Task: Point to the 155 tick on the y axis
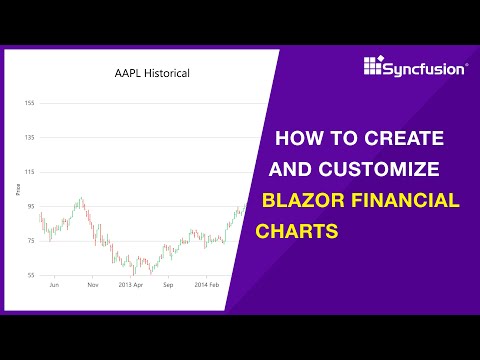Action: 30,104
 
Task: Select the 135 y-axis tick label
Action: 30,138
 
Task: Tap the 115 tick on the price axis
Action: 30,173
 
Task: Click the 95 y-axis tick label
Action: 31,207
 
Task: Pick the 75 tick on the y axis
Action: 31,241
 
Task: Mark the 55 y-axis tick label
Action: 31,275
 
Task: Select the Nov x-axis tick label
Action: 92,285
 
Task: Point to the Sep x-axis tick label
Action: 169,285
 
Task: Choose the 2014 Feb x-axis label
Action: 207,285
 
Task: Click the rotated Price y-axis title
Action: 18,187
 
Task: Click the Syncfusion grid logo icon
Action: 374,67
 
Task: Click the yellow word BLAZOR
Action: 298,200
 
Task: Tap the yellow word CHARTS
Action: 298,231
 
